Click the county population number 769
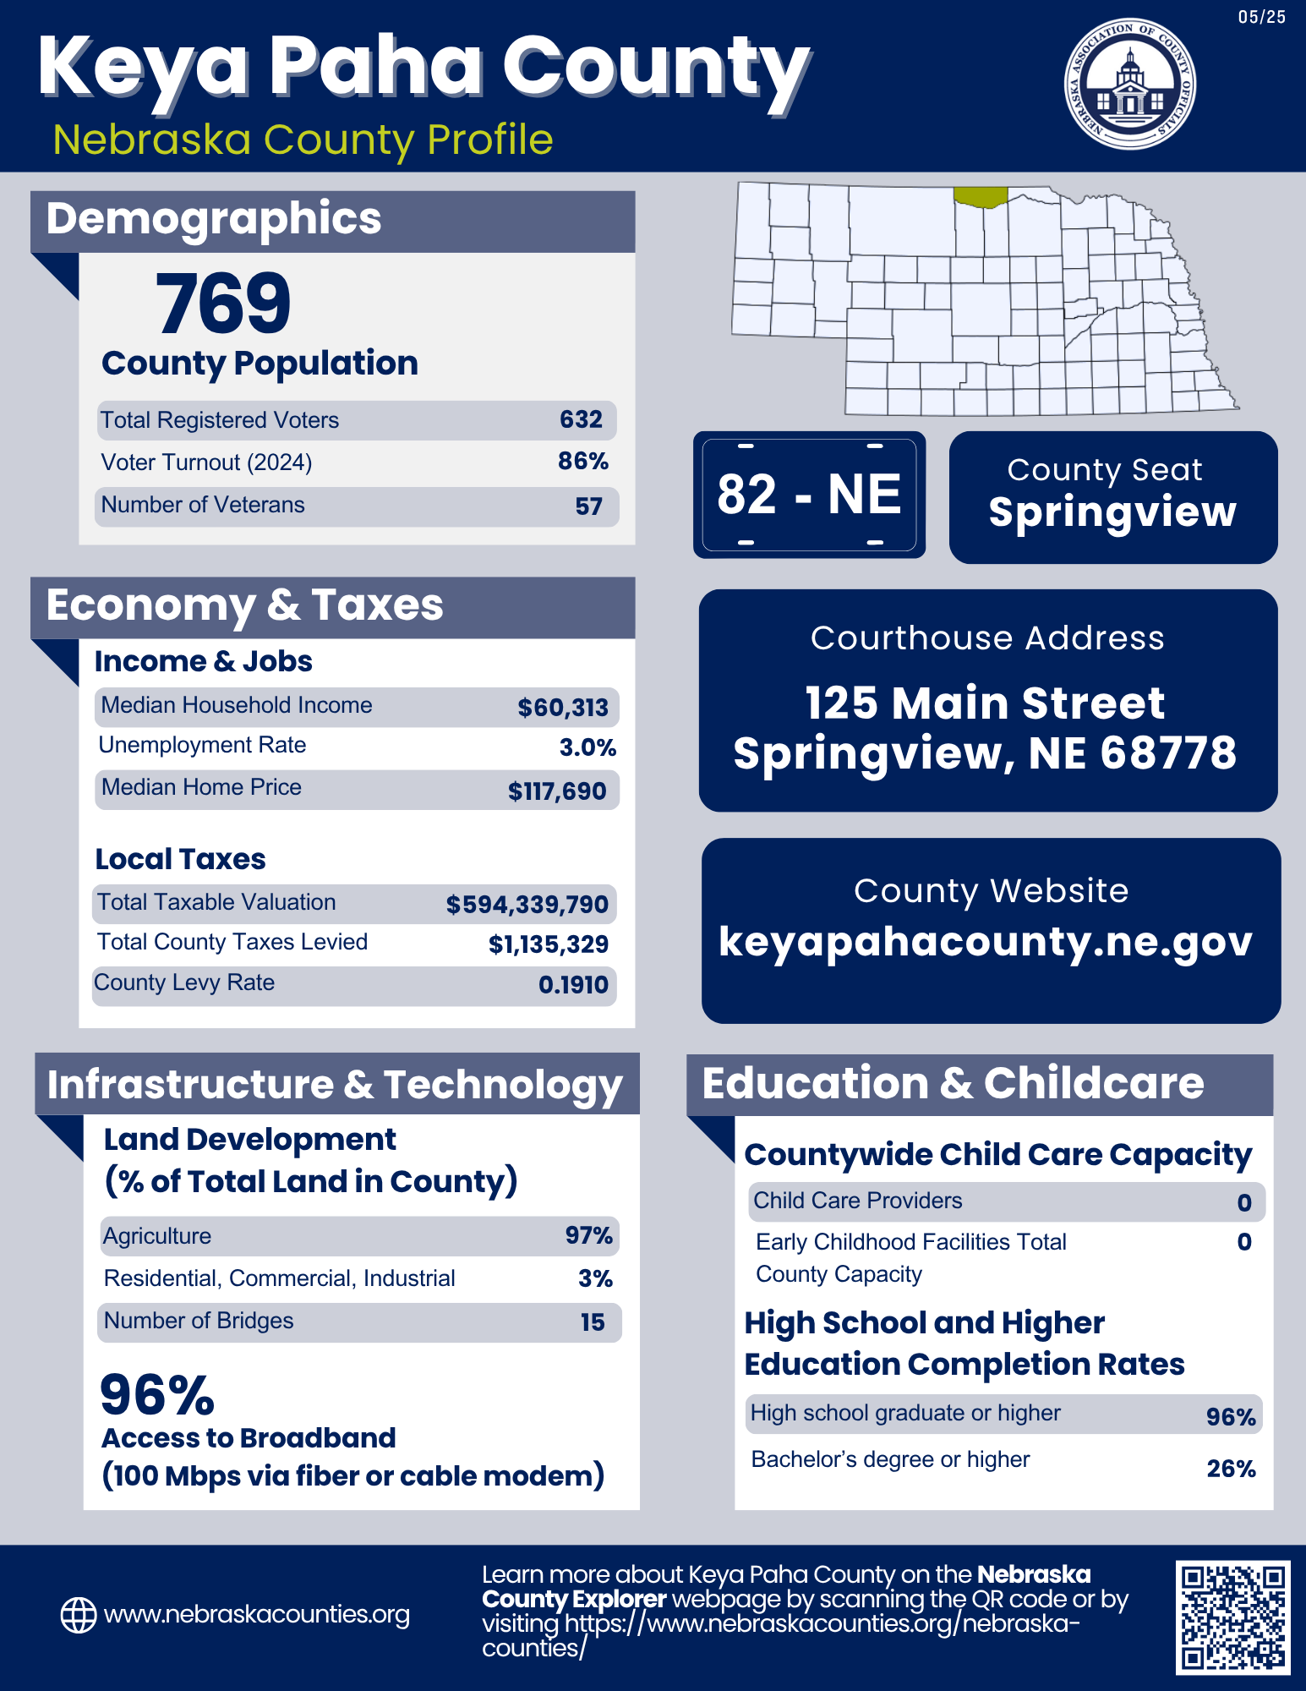[x=223, y=304]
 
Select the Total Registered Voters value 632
[x=581, y=419]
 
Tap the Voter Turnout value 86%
[x=582, y=462]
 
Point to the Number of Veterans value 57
[x=588, y=506]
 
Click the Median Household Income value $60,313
[x=562, y=708]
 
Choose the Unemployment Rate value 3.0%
[x=587, y=747]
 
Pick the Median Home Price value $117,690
[x=556, y=791]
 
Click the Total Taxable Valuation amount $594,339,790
[x=527, y=905]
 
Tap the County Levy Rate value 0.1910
[x=573, y=985]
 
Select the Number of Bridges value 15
[x=592, y=1322]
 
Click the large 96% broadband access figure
[x=157, y=1395]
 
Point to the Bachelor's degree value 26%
[x=1231, y=1469]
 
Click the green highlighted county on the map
[x=980, y=197]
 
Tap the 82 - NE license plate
[x=809, y=495]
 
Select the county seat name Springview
[x=1112, y=512]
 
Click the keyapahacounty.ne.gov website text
[x=986, y=942]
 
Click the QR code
[x=1232, y=1617]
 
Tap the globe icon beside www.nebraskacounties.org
[x=79, y=1615]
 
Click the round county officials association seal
[x=1129, y=85]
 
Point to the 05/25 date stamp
[x=1261, y=18]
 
